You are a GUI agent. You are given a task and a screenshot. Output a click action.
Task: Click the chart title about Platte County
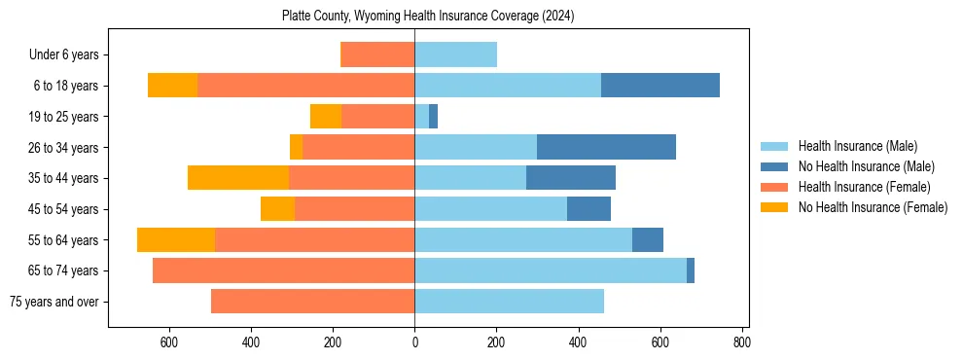[x=428, y=16]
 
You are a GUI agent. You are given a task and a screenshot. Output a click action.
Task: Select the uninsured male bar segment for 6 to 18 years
[x=660, y=86]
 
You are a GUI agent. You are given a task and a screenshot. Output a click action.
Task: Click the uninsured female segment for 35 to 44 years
[x=238, y=177]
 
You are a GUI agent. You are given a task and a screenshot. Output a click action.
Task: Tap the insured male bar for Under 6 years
[x=456, y=54]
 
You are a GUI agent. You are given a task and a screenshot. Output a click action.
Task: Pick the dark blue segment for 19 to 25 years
[x=434, y=116]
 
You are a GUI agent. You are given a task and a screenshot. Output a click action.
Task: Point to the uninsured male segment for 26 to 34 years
[x=606, y=147]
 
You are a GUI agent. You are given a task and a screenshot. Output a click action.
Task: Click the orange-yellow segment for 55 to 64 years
[x=176, y=239]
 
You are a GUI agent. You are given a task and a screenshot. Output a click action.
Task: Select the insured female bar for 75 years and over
[x=313, y=302]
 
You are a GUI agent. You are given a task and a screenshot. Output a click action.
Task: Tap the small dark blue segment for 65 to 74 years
[x=691, y=270]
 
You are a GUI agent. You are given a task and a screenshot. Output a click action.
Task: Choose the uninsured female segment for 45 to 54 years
[x=277, y=208]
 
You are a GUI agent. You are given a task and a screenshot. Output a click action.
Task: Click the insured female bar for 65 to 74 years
[x=284, y=270]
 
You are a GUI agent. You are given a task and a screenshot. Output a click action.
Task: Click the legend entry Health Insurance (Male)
[x=857, y=146]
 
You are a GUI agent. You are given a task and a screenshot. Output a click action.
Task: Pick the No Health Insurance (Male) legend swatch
[x=774, y=166]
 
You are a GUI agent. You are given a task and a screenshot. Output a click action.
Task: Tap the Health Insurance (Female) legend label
[x=864, y=187]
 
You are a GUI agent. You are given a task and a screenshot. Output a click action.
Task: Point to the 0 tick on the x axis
[x=415, y=342]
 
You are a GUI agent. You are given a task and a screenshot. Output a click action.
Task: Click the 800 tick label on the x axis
[x=742, y=342]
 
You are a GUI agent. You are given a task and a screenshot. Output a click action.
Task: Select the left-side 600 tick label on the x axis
[x=168, y=342]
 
